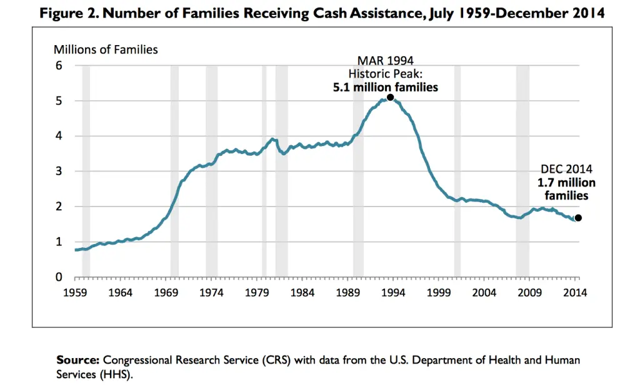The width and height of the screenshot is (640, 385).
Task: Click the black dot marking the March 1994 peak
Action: (390, 97)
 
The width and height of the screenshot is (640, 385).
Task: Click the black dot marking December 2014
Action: (578, 218)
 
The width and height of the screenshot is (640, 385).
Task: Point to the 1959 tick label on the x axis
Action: (74, 292)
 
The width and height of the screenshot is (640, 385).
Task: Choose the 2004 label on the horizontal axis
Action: (484, 292)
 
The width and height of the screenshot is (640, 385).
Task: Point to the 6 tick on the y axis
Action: (59, 66)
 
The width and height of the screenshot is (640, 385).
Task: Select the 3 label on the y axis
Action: (59, 172)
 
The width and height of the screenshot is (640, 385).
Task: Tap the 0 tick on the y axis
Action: (59, 277)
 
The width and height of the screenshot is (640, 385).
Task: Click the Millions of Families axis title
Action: (106, 49)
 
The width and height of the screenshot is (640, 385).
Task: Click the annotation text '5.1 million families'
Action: (386, 87)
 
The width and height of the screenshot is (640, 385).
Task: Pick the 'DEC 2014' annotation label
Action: (566, 169)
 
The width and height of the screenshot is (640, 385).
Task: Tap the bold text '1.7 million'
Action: (566, 183)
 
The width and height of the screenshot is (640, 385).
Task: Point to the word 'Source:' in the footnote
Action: (77, 360)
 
